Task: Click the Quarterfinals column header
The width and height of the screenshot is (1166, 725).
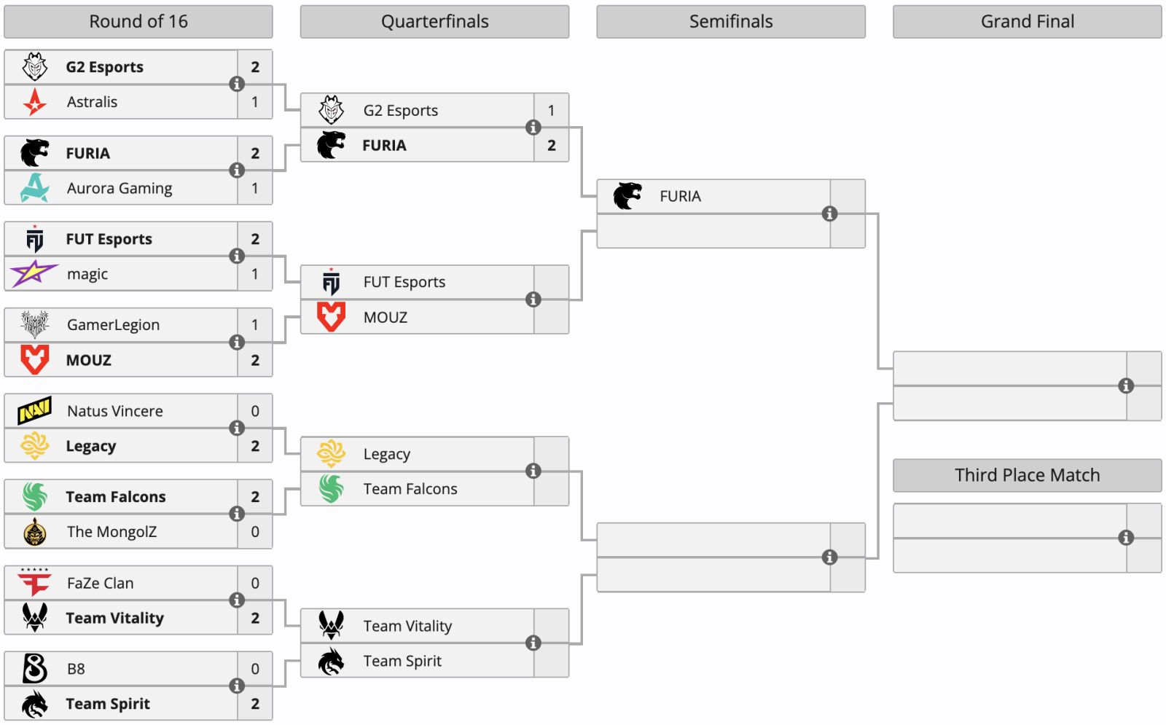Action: click(x=434, y=21)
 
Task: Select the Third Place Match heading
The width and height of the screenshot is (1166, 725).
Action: click(x=1027, y=475)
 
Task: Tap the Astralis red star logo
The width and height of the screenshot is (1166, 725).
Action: click(x=35, y=101)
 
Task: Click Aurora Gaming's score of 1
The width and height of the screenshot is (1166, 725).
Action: click(x=254, y=188)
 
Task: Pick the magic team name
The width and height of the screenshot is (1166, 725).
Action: click(x=87, y=274)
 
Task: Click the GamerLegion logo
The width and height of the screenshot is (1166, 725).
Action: click(x=35, y=324)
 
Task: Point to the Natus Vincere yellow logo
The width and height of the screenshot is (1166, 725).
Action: click(x=35, y=411)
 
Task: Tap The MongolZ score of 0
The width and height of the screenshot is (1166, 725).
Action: click(x=255, y=531)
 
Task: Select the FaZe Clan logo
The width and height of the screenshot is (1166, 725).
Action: click(x=34, y=582)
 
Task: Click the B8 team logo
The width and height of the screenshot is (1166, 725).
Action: click(x=35, y=668)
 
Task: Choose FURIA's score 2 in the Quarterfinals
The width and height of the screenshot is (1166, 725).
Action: click(x=551, y=145)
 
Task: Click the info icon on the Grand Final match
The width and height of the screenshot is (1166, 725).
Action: click(x=1126, y=385)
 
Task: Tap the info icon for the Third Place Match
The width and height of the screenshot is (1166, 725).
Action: click(x=1126, y=538)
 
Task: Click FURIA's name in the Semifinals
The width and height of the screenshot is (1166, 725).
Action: click(x=681, y=196)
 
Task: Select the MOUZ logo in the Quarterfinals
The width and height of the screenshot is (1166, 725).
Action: click(x=331, y=316)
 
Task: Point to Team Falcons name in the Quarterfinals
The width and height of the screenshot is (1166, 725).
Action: click(x=410, y=489)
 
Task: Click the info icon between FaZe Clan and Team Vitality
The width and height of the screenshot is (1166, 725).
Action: click(x=237, y=600)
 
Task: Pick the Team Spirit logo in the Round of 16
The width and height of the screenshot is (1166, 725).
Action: click(x=35, y=704)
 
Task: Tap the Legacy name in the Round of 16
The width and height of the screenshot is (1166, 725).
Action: click(x=91, y=447)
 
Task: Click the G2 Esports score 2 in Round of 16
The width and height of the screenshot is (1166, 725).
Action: click(x=255, y=67)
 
